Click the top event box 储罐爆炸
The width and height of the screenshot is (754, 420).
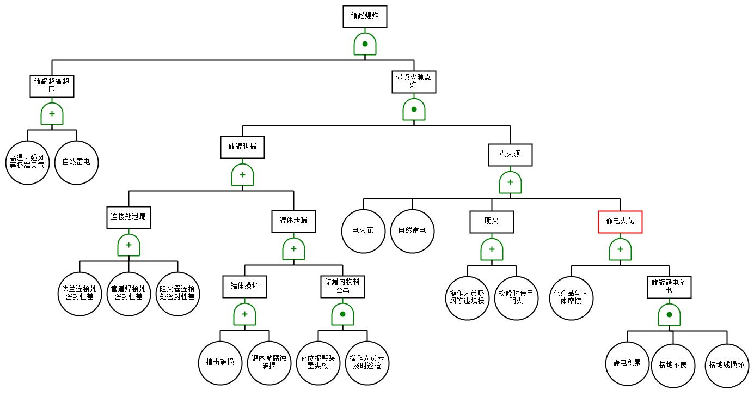pyautogui.click(x=365, y=16)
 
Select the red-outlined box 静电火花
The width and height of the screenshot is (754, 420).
pyautogui.click(x=620, y=222)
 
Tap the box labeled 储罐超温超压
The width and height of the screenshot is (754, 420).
pyautogui.click(x=52, y=86)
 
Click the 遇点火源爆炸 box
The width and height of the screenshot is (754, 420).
pyautogui.click(x=414, y=82)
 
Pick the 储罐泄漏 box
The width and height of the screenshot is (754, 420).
pyautogui.click(x=243, y=147)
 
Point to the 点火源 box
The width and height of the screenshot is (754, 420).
pyautogui.click(x=510, y=155)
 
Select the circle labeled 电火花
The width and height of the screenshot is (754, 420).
pyautogui.click(x=363, y=231)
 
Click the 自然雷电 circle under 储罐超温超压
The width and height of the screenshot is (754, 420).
pyautogui.click(x=76, y=162)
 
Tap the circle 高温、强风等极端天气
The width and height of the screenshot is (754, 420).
pyautogui.click(x=27, y=162)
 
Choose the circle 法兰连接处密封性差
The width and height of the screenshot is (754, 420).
pyautogui.click(x=79, y=294)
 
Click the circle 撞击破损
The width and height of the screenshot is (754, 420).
pyautogui.click(x=220, y=363)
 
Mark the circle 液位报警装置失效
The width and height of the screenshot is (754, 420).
pyautogui.click(x=318, y=363)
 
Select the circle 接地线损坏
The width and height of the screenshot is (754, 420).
pyautogui.click(x=727, y=366)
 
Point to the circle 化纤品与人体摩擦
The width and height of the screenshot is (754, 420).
pyautogui.click(x=571, y=297)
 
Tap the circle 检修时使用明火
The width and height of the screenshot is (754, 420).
pyautogui.click(x=516, y=297)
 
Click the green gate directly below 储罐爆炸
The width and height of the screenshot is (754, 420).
pyautogui.click(x=365, y=44)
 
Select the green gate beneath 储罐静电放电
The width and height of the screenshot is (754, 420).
pyautogui.click(x=669, y=315)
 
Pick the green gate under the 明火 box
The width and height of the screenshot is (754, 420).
pyautogui.click(x=492, y=249)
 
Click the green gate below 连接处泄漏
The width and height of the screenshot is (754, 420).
pyautogui.click(x=128, y=245)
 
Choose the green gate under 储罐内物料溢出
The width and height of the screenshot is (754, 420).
pyautogui.click(x=342, y=314)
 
